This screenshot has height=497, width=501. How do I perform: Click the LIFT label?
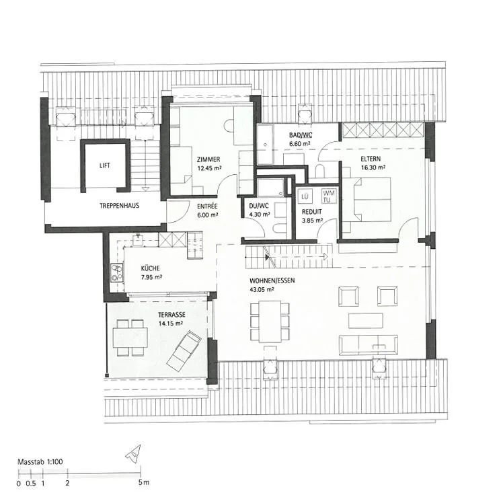click(105, 165)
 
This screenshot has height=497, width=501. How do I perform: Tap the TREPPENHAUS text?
click(120, 206)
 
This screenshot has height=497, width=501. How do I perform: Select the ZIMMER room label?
click(208, 159)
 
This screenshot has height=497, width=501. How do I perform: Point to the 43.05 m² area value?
click(262, 290)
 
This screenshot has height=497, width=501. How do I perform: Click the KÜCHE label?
click(150, 268)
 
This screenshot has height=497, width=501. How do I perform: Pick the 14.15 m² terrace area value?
click(171, 323)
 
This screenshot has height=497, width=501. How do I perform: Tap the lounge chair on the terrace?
click(184, 351)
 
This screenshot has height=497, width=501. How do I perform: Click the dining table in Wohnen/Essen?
click(270, 321)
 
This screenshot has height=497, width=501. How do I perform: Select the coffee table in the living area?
click(366, 321)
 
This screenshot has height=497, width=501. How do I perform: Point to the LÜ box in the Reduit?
click(305, 196)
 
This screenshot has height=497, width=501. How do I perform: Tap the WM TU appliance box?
click(328, 196)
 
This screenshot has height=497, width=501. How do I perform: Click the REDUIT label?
click(312, 212)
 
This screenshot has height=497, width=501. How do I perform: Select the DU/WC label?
click(259, 206)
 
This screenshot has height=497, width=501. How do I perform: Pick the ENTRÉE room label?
click(207, 206)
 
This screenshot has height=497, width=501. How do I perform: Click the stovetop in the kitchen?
click(117, 272)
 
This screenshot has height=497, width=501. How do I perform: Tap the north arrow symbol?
click(134, 454)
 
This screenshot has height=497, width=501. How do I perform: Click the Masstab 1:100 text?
click(40, 461)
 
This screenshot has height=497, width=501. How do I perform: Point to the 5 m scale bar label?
click(144, 482)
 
